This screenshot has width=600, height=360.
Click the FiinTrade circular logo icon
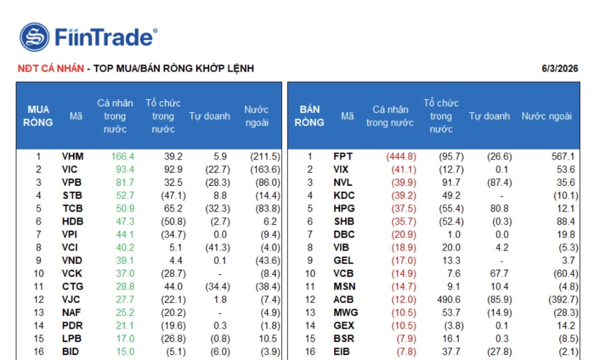(x=34, y=37)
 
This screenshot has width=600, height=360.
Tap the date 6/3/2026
(x=559, y=69)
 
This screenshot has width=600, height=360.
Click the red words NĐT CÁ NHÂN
(x=50, y=69)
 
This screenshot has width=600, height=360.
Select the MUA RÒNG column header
(x=38, y=116)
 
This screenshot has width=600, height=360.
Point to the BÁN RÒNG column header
(x=309, y=116)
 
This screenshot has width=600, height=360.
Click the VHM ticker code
(x=73, y=157)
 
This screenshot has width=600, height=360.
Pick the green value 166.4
(x=122, y=157)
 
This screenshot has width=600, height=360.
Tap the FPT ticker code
(x=343, y=157)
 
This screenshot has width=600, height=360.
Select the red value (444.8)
(x=401, y=157)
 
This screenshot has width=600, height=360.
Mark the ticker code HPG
(x=344, y=209)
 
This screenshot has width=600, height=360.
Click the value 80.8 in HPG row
(x=499, y=209)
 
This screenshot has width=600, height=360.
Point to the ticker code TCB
(x=73, y=209)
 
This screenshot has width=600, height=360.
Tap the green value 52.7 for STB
(x=125, y=195)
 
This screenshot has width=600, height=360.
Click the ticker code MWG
(x=346, y=313)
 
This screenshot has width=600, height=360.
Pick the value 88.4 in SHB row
(x=566, y=222)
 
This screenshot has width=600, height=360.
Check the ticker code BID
(x=70, y=351)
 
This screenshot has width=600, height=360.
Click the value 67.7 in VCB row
(x=499, y=274)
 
